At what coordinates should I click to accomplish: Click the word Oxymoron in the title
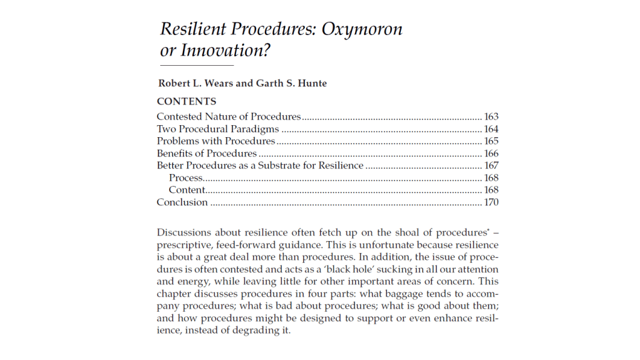[362, 29]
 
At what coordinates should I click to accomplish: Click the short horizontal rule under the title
[197, 65]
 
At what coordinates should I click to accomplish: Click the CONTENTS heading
[187, 101]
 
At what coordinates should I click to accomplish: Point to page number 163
[492, 116]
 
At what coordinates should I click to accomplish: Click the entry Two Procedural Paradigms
[218, 129]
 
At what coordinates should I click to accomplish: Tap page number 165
[492, 141]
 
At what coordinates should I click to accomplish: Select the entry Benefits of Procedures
[207, 153]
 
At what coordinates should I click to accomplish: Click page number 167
[492, 166]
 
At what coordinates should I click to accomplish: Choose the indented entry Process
[186, 178]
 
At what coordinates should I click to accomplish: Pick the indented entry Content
[187, 190]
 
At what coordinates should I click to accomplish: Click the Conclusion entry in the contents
[182, 202]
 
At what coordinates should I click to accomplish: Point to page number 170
[492, 202]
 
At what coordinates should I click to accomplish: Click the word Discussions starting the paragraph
[185, 232]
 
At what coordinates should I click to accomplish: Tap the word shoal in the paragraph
[391, 232]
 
